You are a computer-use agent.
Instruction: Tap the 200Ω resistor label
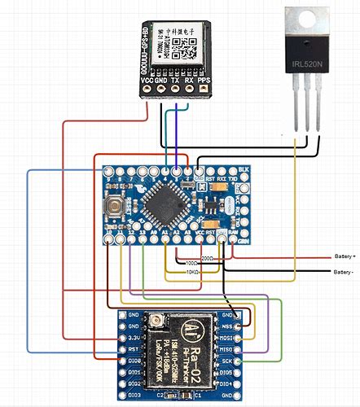click(x=208, y=257)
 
